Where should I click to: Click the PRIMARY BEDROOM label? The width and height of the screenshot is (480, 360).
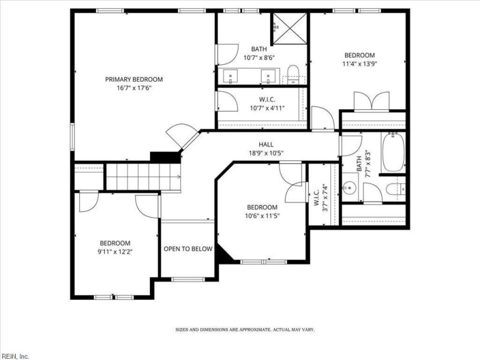click(134, 80)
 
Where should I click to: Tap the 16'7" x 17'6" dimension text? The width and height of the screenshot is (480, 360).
click(134, 88)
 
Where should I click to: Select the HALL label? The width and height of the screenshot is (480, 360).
click(266, 145)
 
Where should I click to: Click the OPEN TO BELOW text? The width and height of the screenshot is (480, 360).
click(188, 249)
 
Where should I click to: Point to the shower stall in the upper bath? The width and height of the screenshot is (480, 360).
click(290, 28)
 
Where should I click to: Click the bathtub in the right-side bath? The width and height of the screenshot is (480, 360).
click(393, 152)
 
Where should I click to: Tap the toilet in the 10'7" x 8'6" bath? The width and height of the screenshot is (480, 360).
click(293, 74)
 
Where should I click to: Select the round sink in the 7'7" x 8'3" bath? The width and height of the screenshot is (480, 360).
click(349, 187)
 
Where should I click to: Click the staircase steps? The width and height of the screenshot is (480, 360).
click(143, 176)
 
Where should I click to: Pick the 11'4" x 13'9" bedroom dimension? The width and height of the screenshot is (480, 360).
click(359, 64)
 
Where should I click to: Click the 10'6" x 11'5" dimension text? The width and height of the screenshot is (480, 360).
click(262, 216)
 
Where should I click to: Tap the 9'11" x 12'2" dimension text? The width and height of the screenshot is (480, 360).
click(115, 252)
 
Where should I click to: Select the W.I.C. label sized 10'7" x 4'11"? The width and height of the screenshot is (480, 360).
click(267, 100)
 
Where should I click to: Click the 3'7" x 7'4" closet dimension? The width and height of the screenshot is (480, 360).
click(325, 197)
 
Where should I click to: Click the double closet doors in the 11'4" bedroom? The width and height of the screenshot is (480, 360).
click(371, 101)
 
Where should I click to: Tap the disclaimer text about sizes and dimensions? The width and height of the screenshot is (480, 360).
click(245, 329)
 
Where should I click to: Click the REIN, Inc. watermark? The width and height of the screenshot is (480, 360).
click(15, 356)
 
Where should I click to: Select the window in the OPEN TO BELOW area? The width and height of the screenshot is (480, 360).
click(187, 279)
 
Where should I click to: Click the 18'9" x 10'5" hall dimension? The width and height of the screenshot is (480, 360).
click(266, 153)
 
